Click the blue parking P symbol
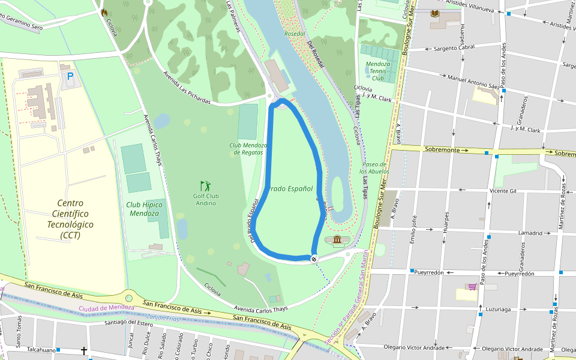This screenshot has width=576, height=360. click(70, 77)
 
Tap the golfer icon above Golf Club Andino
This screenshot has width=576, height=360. click(205, 186)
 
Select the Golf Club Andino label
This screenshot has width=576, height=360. click(205, 199)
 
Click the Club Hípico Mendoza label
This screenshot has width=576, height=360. click(145, 209)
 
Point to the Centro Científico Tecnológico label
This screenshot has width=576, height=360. click(70, 219)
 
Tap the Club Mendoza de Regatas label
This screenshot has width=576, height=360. click(248, 149)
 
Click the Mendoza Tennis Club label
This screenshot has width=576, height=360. click(377, 71)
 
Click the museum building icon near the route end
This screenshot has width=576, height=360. click(337, 241)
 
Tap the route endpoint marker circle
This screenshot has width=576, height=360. click(314, 259)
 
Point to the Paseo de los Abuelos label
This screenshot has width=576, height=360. click(374, 168)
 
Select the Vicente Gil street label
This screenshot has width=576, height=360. click(503, 191)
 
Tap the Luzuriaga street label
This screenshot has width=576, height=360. click(498, 310)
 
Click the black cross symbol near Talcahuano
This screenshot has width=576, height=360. click(84, 350)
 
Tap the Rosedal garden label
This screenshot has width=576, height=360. click(295, 34)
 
